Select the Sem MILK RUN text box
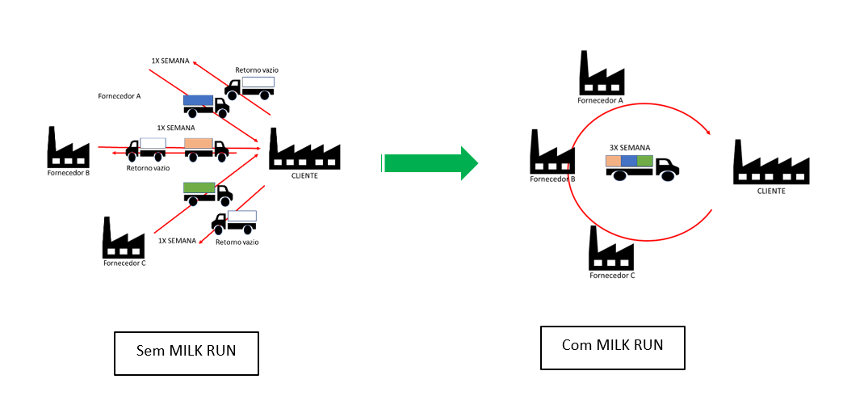pos(187,352)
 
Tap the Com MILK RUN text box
pos(612,347)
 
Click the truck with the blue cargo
pos(205,103)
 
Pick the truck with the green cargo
pos(208,192)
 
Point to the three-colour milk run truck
pos(642,166)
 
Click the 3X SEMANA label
pos(630,147)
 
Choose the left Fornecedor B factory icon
pos(68,147)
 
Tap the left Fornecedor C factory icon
pos(124,238)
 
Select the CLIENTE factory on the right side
pos(771,162)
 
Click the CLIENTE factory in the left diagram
pos(304,149)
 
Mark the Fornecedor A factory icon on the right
pos(602,74)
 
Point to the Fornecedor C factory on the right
pos(611,248)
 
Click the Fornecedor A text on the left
pos(120,96)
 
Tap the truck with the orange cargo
pos(205,147)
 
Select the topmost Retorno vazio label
pos(257,70)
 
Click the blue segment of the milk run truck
pos(629,161)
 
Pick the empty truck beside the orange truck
pos(146,148)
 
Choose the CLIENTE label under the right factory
pos(771,192)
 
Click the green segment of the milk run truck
pos(645,161)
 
